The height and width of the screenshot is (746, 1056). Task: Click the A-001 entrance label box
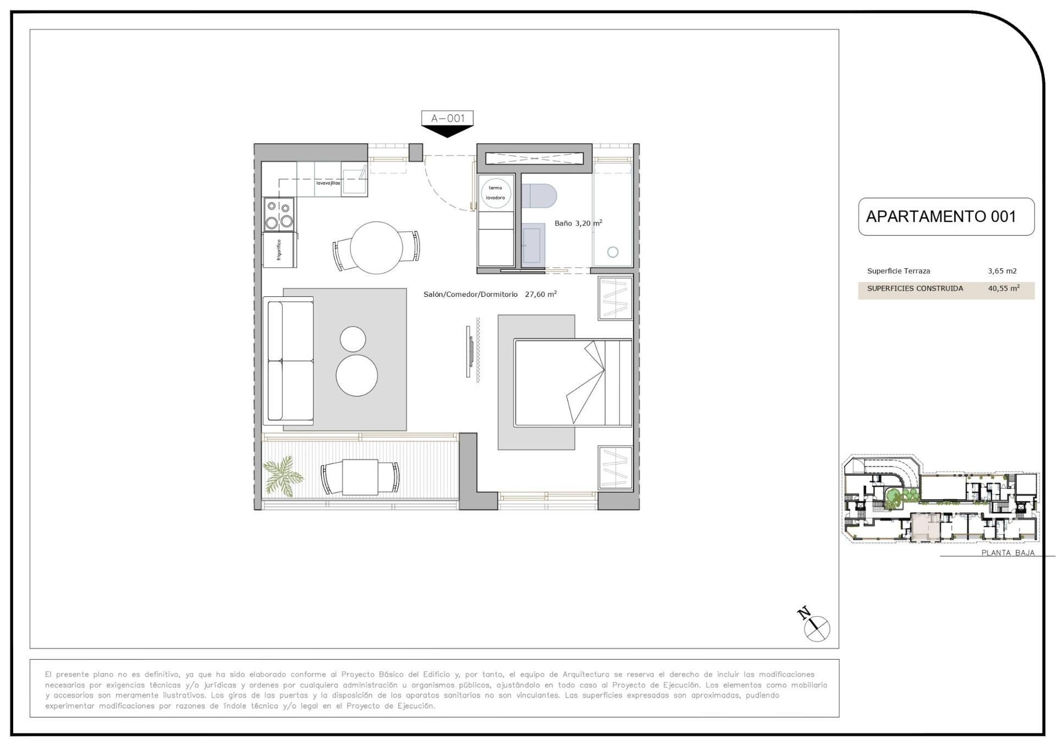click(447, 118)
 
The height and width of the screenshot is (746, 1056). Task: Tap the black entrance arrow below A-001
click(447, 131)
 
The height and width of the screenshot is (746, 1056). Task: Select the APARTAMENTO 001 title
click(941, 217)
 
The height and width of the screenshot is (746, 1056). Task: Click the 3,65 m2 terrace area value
click(1002, 271)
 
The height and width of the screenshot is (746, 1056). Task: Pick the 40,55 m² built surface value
click(1003, 288)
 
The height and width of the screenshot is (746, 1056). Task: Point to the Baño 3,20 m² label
click(577, 223)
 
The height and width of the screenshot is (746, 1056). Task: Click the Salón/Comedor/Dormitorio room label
click(470, 295)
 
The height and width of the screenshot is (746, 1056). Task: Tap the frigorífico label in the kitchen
click(279, 250)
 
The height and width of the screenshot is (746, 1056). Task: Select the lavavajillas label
click(328, 183)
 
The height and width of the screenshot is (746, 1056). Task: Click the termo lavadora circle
click(496, 193)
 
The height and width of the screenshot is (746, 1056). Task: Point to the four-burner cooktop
click(279, 214)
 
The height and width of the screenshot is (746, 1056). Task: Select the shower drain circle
click(613, 252)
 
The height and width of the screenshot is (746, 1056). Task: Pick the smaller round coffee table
click(353, 339)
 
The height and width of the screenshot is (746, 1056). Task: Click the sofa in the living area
click(289, 361)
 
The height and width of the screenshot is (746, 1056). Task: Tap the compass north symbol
click(816, 627)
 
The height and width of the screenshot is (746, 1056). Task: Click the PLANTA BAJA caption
click(1008, 552)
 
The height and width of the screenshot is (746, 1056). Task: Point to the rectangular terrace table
click(360, 477)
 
